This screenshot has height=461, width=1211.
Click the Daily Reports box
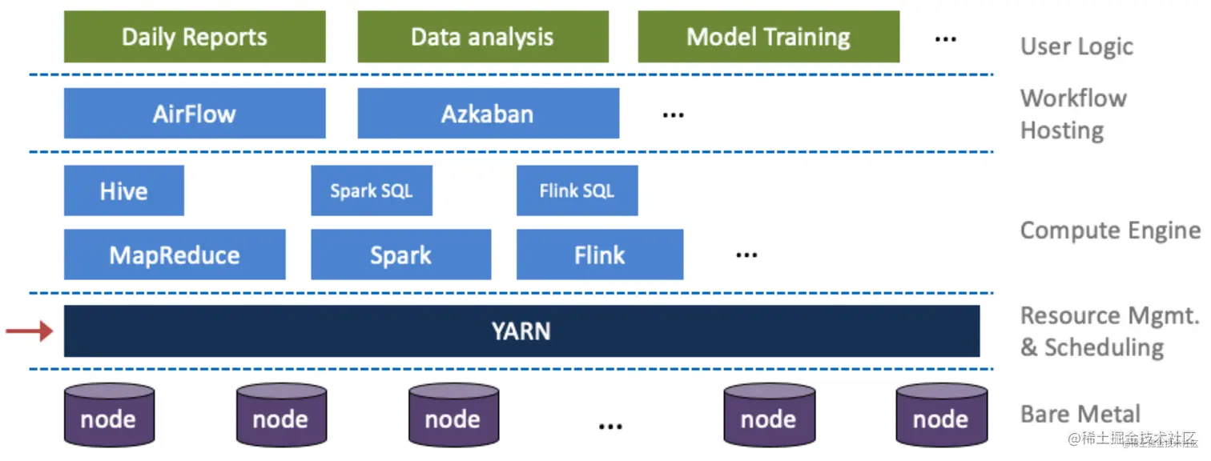point(195,37)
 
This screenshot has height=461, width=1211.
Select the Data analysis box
point(482,37)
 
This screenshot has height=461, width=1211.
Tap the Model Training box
point(768,37)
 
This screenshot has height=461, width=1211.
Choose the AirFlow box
point(195,114)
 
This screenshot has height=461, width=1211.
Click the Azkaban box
point(488,114)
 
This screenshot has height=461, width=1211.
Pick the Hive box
point(123,190)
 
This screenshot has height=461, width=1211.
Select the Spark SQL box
point(372,190)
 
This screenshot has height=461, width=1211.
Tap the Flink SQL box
point(577,190)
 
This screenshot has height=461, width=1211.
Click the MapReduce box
point(175,255)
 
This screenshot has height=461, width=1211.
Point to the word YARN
point(521,331)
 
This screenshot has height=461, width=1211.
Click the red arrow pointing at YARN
point(29,330)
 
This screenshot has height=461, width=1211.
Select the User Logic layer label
point(1076,46)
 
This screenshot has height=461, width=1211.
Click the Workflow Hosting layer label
point(1073,114)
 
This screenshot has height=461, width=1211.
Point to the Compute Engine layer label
point(1110,230)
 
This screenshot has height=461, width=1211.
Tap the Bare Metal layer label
point(1080,414)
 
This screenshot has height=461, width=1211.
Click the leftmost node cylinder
point(108,415)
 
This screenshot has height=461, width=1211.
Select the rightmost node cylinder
point(940,415)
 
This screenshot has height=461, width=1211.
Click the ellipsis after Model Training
point(946,38)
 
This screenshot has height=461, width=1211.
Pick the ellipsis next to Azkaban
point(673,115)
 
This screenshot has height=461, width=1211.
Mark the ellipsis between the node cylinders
point(610,425)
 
